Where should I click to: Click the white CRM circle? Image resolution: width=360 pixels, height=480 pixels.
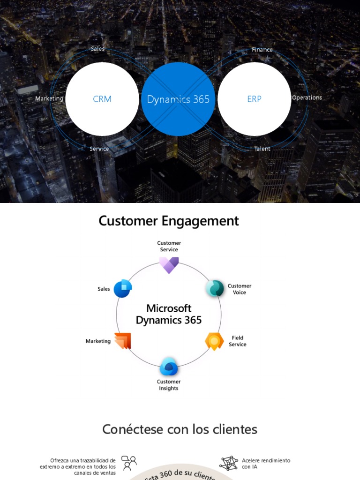tap(102, 99)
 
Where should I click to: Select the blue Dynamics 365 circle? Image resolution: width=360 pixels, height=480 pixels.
tap(178, 99)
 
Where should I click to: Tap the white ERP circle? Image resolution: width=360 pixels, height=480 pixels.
tap(254, 99)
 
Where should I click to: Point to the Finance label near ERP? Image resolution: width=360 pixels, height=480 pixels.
tap(262, 50)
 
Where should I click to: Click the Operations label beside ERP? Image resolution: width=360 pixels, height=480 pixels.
tap(307, 97)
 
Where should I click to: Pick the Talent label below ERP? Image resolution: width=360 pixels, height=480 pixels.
tap(262, 149)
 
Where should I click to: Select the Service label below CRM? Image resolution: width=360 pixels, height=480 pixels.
tap(99, 149)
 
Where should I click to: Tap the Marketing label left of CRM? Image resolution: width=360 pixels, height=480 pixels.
tap(49, 98)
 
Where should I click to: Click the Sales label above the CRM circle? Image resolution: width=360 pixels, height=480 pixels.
tap(97, 49)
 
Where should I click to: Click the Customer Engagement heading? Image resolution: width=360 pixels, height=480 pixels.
tap(169, 221)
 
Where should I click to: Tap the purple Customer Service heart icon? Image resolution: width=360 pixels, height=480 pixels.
tap(169, 265)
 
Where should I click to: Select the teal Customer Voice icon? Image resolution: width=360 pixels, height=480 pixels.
tap(215, 288)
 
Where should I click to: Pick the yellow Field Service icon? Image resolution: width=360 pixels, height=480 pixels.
tap(214, 341)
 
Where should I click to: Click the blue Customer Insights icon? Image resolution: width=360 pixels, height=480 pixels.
tap(169, 367)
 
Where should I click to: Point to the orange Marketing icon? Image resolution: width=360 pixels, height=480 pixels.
tap(123, 341)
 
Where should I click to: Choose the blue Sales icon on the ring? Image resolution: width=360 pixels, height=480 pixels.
tap(123, 288)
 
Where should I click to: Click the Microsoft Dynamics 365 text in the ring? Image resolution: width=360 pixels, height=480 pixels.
tap(169, 314)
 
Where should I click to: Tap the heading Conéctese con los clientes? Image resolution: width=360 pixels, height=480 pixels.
tap(180, 429)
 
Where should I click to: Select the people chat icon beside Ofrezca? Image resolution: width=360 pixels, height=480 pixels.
tap(129, 463)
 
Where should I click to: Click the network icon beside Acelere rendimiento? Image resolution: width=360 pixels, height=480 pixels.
tap(229, 463)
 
